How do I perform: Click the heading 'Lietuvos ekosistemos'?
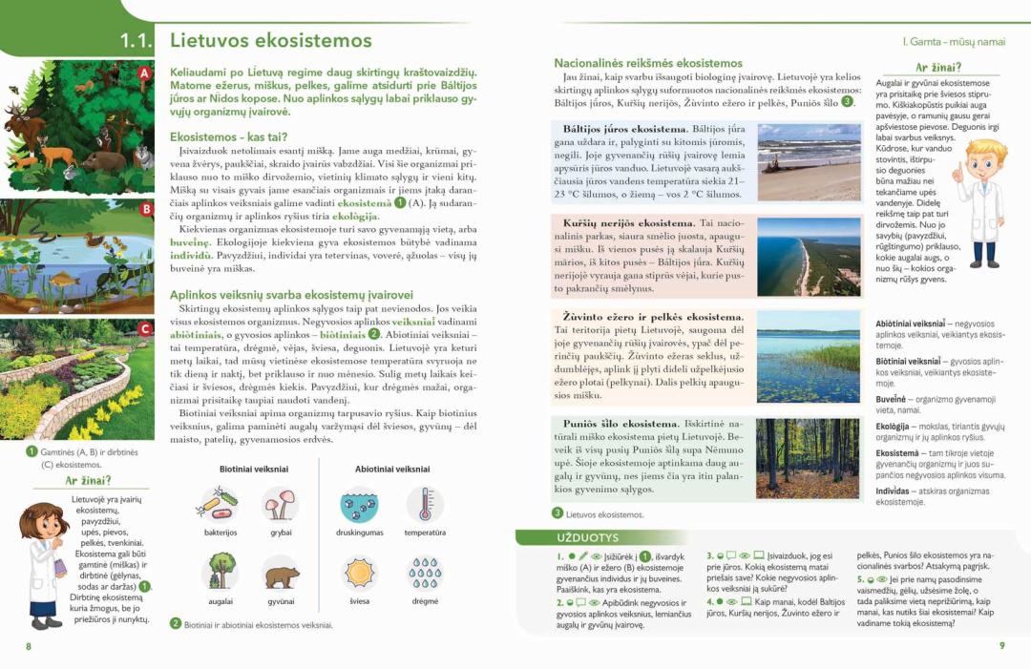point(270,41)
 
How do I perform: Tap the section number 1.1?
point(137,41)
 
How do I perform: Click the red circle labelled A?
point(144,73)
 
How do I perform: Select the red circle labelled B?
point(146,209)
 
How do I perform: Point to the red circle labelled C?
point(145,329)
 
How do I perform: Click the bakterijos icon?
point(219,504)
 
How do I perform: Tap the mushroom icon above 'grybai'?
point(281,504)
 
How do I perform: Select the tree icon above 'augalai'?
point(220,571)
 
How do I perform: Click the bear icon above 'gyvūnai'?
point(281,573)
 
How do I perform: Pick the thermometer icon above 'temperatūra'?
point(425,504)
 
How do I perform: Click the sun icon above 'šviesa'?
point(360,573)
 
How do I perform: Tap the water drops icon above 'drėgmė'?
point(425,573)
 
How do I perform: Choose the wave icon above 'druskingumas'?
point(359,504)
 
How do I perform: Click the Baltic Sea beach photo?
point(809,161)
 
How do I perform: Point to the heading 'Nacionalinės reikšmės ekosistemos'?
point(648,63)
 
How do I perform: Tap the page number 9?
point(1001,646)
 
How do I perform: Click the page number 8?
point(29,646)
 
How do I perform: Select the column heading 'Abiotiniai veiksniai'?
point(392,469)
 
